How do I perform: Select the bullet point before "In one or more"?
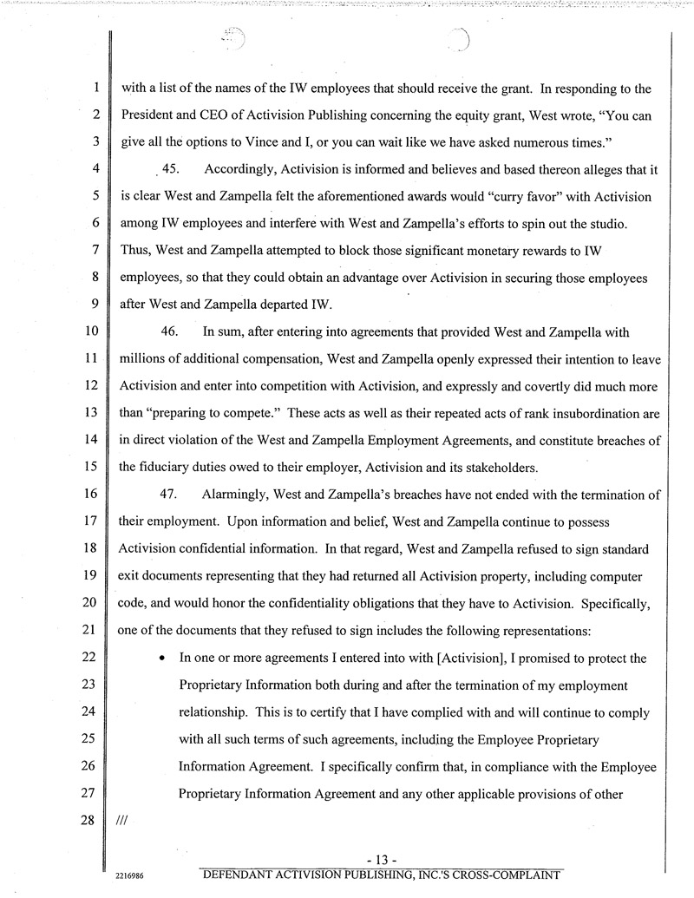pos(162,659)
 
